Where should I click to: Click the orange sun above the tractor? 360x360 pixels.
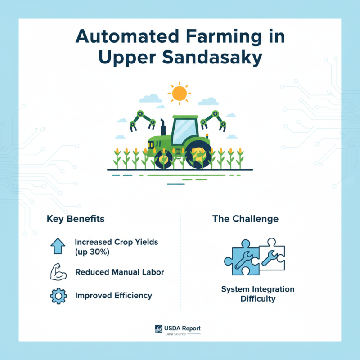(179, 93)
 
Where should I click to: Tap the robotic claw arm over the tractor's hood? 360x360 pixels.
(143, 118)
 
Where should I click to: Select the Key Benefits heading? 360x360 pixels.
(76, 219)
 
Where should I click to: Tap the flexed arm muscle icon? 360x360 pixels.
(58, 272)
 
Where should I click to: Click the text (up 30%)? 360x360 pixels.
(93, 252)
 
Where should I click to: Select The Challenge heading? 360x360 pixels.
(245, 219)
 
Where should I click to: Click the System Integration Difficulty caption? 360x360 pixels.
(257, 293)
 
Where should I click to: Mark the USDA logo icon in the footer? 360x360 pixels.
(159, 330)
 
